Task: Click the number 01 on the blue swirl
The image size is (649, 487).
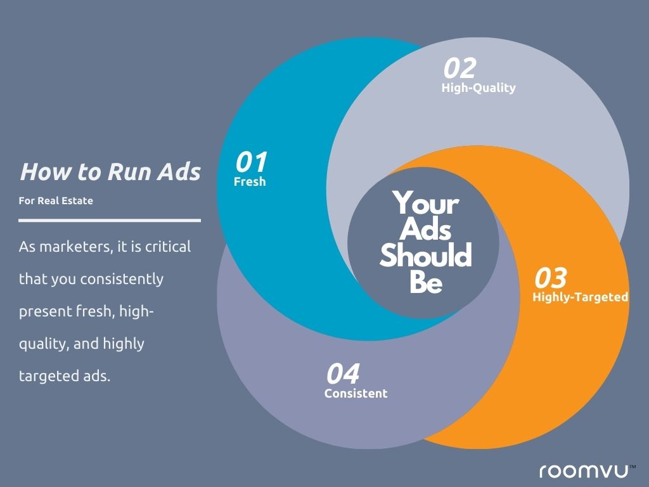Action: point(251,162)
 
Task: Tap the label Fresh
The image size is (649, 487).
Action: point(250,181)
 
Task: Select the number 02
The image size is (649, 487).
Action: point(460,68)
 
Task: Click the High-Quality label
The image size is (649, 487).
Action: point(479,88)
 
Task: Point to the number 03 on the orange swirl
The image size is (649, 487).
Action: point(551,278)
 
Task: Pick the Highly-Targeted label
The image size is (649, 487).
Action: point(581,297)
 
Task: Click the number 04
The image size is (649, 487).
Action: point(343,374)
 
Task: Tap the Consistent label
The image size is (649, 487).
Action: point(356,393)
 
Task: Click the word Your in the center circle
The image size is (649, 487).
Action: point(426,203)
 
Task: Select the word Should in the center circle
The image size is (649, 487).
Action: point(426,255)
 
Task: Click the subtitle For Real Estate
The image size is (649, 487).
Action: point(56,201)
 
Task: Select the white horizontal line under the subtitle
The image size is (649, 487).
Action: point(110,221)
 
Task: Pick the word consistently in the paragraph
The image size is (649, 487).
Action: point(122,279)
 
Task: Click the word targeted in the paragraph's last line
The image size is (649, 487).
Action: point(45,376)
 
